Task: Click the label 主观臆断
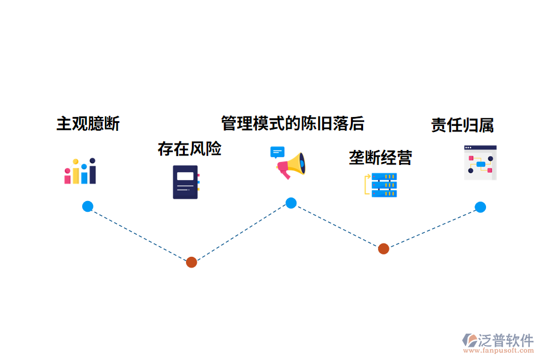click(88, 124)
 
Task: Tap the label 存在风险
click(190, 148)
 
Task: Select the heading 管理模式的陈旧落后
click(293, 123)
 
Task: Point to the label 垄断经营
click(380, 158)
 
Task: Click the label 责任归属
click(462, 125)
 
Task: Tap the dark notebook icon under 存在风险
click(186, 182)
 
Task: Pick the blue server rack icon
click(384, 185)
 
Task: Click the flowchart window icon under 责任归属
click(480, 163)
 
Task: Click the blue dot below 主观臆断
click(88, 206)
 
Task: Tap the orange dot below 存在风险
click(191, 262)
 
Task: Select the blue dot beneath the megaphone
click(291, 203)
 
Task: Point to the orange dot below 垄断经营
click(383, 248)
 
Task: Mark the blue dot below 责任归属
click(480, 207)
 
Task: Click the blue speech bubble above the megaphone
click(277, 152)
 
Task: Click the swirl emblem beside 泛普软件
click(469, 340)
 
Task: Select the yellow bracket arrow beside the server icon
click(367, 185)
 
